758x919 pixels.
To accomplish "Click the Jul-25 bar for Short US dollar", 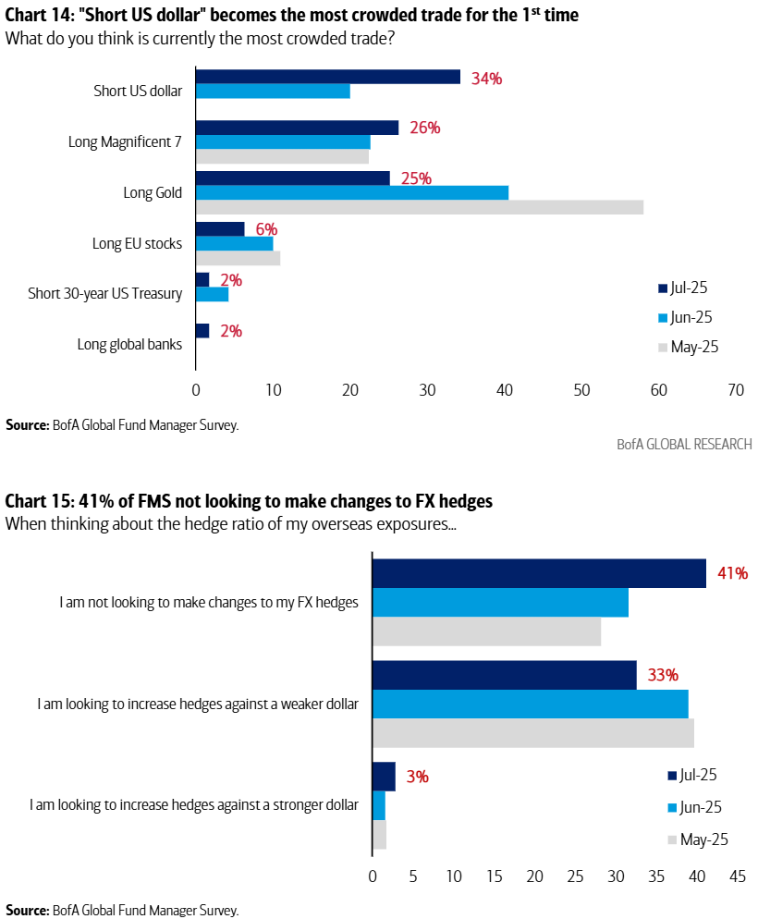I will (x=328, y=77).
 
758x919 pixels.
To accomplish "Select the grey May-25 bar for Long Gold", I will (x=419, y=207).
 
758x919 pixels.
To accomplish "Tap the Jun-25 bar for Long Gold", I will (x=351, y=192).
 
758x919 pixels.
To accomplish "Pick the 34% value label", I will (x=486, y=79).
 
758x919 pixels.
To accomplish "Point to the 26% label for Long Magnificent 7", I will (x=424, y=128).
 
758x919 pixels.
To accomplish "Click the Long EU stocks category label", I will (x=137, y=243).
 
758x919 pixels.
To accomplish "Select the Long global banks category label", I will (x=130, y=345).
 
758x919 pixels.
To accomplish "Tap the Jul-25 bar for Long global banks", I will (x=202, y=330).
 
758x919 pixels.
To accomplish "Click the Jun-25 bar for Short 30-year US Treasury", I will (x=212, y=294).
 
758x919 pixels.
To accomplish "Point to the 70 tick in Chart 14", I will (x=736, y=390).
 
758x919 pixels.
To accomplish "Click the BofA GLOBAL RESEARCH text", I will (x=684, y=444).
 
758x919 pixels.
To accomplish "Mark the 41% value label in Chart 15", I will (x=732, y=573).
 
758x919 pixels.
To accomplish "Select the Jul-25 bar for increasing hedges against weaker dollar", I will (x=504, y=675).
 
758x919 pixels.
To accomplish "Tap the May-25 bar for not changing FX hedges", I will (x=486, y=631).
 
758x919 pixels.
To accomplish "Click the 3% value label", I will (x=417, y=777).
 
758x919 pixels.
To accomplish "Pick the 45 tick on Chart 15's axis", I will (x=738, y=875).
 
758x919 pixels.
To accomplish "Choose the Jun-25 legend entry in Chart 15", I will (x=693, y=807).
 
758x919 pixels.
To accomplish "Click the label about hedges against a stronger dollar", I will (x=193, y=804).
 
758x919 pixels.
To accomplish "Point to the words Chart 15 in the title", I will (x=35, y=501).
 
